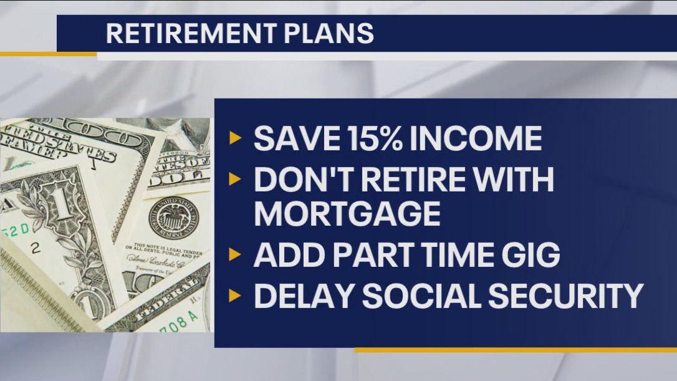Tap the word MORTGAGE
pyautogui.click(x=347, y=214)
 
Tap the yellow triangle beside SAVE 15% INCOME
pyautogui.click(x=234, y=138)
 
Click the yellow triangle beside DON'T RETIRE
pyautogui.click(x=234, y=180)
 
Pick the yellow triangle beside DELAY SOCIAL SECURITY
pyautogui.click(x=234, y=295)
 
